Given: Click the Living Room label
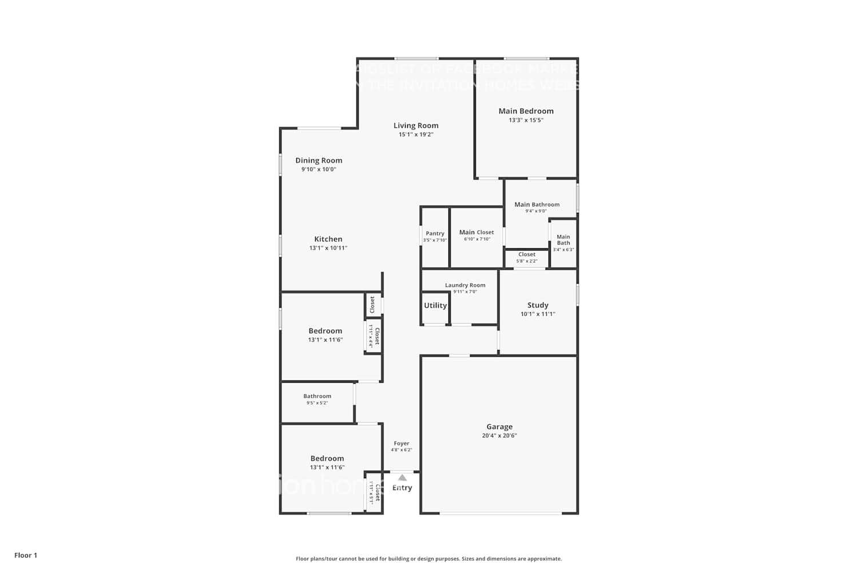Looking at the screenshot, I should coord(416,126).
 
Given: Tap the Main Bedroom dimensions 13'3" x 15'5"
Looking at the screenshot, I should coord(526,120).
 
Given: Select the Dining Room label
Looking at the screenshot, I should coord(319,161).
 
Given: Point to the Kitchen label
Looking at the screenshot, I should coord(328,239).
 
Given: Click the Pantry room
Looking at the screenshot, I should coord(435,237).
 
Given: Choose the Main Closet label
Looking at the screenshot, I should coord(476,232).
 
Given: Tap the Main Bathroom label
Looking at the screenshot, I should coord(537,204).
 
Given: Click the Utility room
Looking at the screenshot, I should coord(435,305).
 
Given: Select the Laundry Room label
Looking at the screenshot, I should coord(465,285).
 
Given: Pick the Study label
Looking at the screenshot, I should coord(538,305).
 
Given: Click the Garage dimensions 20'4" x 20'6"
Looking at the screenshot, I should coord(499,436).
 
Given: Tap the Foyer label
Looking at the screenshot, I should coord(402,443).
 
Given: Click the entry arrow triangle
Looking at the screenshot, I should coord(402,478).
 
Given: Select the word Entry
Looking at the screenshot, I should coord(402,488).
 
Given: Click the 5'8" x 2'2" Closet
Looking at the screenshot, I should coord(527,257).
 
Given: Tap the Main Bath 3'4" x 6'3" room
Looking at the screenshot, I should coord(563,243).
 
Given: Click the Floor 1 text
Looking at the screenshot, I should coord(26,555).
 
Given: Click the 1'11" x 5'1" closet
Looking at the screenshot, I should coord(374,492).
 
